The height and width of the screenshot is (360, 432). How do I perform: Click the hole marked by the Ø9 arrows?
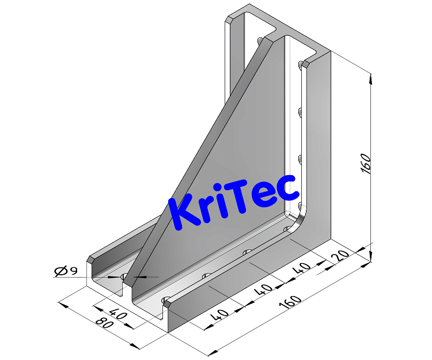pyautogui.click(x=124, y=276)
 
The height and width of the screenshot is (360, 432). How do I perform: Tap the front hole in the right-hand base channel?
pyautogui.click(x=166, y=300)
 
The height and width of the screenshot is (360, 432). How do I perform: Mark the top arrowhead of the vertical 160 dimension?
pyautogui.click(x=370, y=77)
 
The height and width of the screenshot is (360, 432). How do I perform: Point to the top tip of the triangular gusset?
pyautogui.click(x=286, y=37)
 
